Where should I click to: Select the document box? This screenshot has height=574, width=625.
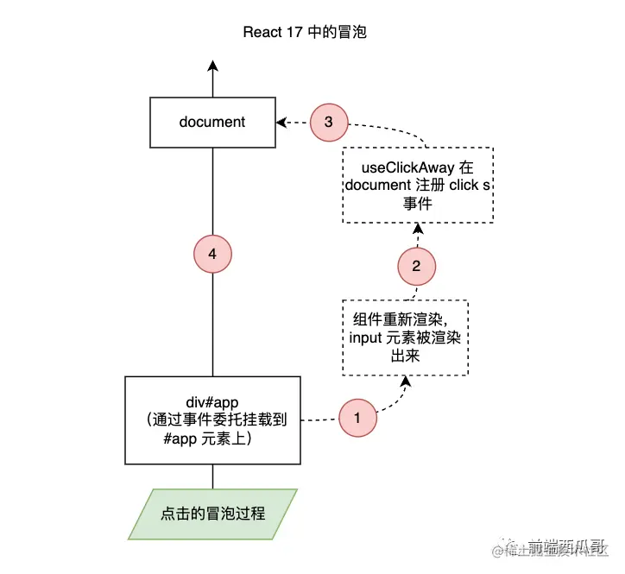(x=212, y=122)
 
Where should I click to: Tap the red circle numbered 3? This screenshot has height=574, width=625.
(x=328, y=122)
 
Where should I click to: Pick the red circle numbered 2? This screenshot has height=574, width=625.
(x=417, y=266)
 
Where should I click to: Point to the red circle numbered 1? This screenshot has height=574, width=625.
(x=357, y=419)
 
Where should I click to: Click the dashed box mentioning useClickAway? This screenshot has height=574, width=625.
(x=418, y=186)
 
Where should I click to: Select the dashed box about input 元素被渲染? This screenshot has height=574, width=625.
(x=405, y=337)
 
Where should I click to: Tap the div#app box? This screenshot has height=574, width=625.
(x=212, y=419)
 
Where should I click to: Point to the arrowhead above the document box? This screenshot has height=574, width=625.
(x=212, y=68)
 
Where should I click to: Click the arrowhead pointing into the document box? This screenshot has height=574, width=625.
(x=281, y=123)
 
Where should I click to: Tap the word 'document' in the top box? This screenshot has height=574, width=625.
(x=212, y=122)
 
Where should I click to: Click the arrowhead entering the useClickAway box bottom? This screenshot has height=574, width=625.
(x=418, y=229)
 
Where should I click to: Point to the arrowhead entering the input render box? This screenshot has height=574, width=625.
(x=405, y=381)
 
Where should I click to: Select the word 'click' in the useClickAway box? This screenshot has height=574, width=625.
(x=464, y=186)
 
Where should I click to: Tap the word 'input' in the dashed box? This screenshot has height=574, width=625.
(x=368, y=337)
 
